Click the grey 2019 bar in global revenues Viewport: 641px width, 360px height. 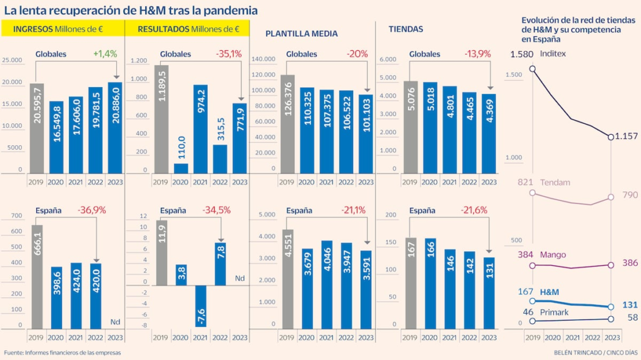[37, 128]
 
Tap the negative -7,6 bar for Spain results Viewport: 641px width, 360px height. [200, 306]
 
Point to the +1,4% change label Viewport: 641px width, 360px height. [105, 54]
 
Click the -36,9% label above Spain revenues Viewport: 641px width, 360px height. [90, 210]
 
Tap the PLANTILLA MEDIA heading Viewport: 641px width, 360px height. [302, 33]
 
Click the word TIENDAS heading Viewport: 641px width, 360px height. [406, 29]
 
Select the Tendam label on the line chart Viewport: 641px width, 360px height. [557, 182]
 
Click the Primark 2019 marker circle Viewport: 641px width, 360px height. [532, 321]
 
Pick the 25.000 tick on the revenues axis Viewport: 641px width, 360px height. [13, 60]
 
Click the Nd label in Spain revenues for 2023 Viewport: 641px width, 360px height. [115, 322]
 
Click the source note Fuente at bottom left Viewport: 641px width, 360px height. [63, 352]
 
